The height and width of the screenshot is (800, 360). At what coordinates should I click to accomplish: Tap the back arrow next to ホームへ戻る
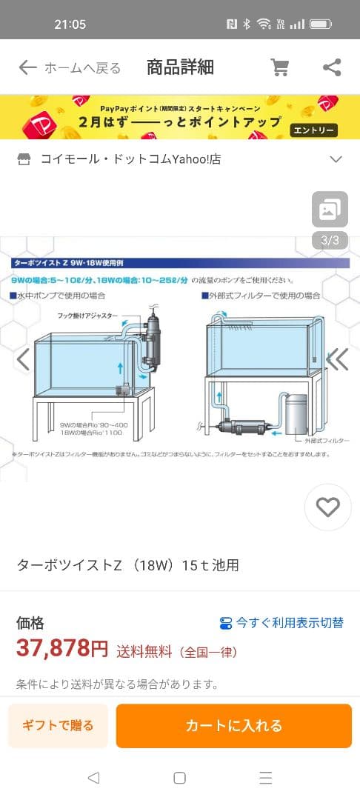[x=27, y=68]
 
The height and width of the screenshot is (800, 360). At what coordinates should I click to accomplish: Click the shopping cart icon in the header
[x=280, y=68]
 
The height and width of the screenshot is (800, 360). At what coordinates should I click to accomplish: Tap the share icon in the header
[x=332, y=68]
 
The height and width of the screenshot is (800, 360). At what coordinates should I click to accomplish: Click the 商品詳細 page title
[x=180, y=68]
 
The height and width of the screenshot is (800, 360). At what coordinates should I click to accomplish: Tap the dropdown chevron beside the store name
[x=336, y=159]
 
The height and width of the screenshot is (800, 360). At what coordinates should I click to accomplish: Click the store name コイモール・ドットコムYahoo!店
[x=130, y=159]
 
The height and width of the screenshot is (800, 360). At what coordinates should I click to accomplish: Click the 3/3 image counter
[x=330, y=240]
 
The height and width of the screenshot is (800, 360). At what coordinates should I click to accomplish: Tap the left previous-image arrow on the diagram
[x=23, y=359]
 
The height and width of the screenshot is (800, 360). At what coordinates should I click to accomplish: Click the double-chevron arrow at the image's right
[x=337, y=359]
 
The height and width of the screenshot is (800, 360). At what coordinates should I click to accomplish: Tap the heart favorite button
[x=327, y=507]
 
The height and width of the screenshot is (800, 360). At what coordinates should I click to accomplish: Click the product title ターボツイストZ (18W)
[x=127, y=566]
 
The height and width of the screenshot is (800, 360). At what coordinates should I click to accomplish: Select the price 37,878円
[x=62, y=650]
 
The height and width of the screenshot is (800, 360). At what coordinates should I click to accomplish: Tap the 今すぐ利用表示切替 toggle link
[x=281, y=623]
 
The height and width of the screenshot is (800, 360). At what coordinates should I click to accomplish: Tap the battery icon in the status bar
[x=321, y=24]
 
